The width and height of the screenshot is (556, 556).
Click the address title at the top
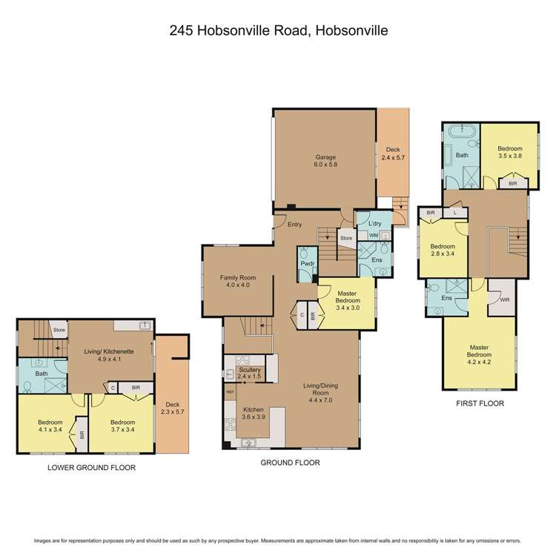278,30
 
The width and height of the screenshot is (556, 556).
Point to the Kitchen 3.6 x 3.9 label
253,413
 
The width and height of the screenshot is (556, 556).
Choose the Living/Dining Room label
322,390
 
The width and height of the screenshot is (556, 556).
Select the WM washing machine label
374,236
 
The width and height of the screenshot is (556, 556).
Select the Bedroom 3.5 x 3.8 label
509,153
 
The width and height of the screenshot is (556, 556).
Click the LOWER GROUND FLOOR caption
91,468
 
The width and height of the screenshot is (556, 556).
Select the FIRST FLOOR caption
480,404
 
